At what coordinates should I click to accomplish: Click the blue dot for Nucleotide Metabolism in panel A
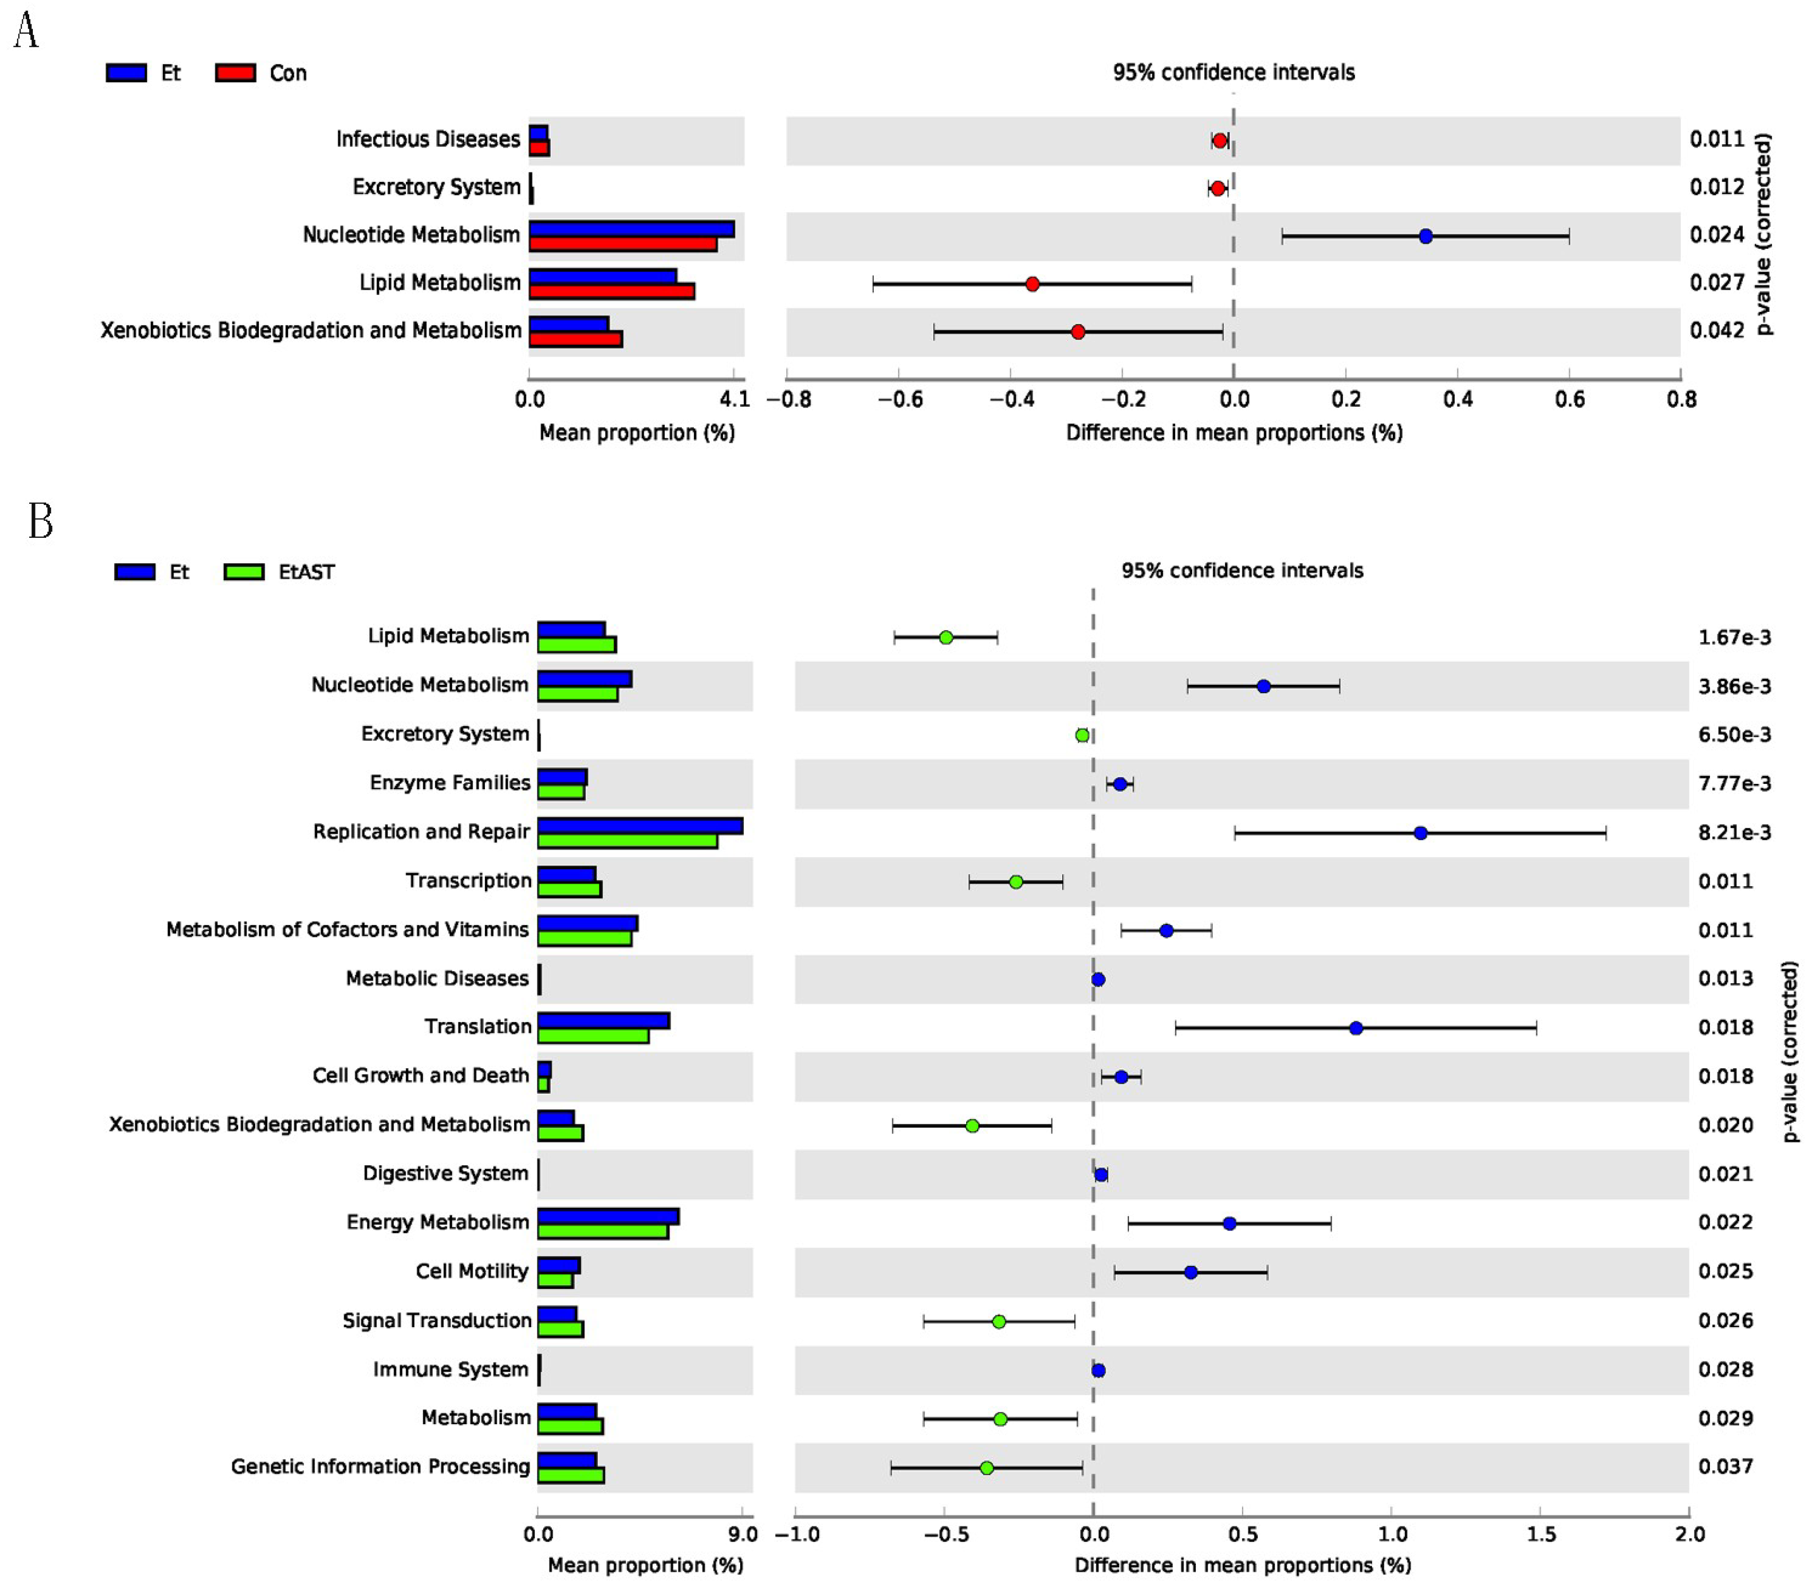point(1425,237)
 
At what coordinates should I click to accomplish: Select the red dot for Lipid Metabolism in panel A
point(1032,284)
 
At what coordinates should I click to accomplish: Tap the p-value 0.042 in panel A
point(1717,330)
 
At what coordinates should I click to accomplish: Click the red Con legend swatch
point(236,73)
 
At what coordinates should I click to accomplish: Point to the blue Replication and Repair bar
point(639,825)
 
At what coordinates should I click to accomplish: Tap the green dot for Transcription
point(1016,882)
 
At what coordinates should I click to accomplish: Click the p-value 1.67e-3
point(1733,638)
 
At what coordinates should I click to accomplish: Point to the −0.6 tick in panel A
point(899,399)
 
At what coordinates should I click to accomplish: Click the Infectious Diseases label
point(428,139)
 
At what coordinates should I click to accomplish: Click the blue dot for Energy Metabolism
point(1229,1223)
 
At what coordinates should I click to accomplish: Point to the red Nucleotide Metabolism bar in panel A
point(623,243)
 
